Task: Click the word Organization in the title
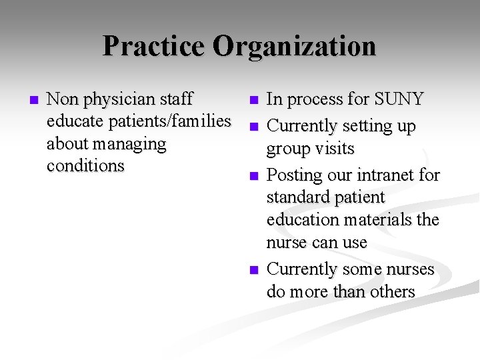(x=295, y=46)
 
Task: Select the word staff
(x=176, y=99)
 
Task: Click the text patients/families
(x=165, y=121)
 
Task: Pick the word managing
(x=131, y=144)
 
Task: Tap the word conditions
(x=85, y=165)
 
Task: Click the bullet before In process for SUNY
(x=253, y=101)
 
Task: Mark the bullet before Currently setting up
(x=253, y=127)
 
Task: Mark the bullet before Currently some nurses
(x=253, y=270)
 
